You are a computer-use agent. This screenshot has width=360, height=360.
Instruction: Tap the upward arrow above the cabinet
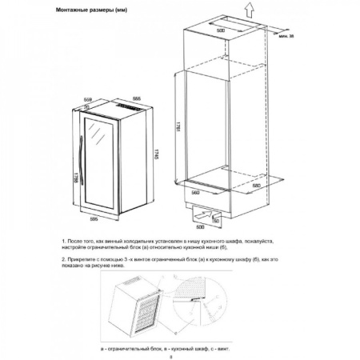(x=250, y=10)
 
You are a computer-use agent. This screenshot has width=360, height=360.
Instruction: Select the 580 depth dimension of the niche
(x=256, y=186)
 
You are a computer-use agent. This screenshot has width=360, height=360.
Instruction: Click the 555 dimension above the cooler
(x=136, y=98)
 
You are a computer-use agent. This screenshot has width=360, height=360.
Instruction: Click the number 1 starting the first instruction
(x=62, y=241)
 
